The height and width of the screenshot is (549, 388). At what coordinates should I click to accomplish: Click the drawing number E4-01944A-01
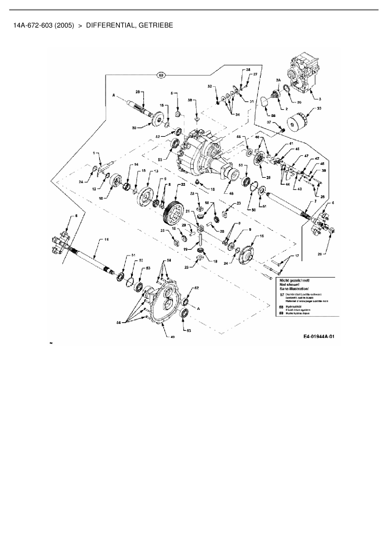[319, 337]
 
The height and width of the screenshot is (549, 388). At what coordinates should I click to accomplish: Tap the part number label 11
[106, 239]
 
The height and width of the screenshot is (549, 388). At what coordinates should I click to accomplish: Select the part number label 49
[172, 337]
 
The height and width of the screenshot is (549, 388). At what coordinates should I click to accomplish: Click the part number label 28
[137, 92]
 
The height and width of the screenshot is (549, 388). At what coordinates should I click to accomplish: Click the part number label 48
[232, 193]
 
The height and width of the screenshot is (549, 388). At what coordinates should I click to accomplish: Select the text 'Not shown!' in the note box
[289, 285]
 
